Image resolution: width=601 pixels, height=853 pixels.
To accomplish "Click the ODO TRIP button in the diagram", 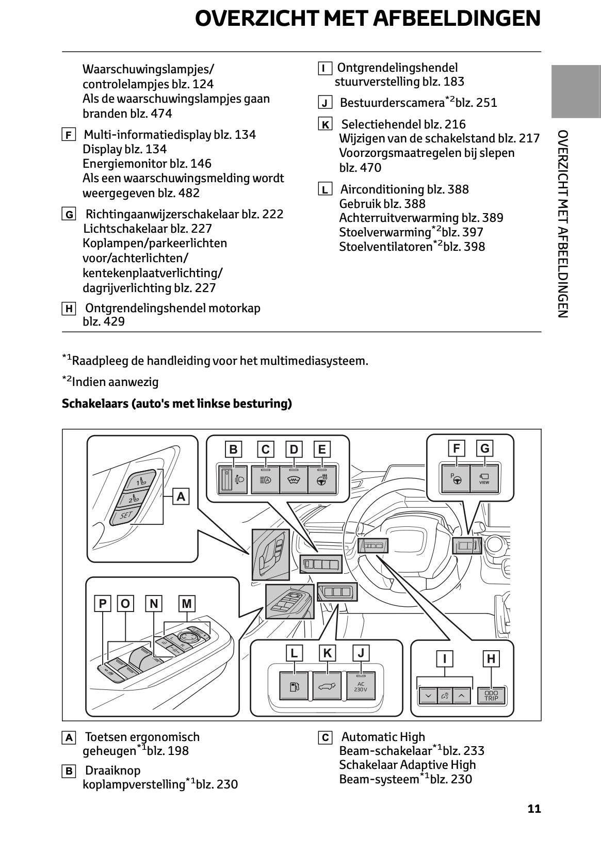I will (x=491, y=696).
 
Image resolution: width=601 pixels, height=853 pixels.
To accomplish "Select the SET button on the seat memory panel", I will (x=126, y=515).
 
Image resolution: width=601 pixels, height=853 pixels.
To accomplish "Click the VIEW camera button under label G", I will (x=484, y=478).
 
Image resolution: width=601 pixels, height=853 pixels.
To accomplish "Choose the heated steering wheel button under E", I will (x=322, y=479).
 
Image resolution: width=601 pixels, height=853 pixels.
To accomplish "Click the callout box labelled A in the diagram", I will (x=181, y=496).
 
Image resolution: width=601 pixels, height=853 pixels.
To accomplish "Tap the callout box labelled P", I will (x=103, y=603).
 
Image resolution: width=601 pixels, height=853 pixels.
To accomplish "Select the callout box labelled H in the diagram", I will (x=491, y=658).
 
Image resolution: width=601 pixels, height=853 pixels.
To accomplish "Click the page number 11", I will (x=534, y=809).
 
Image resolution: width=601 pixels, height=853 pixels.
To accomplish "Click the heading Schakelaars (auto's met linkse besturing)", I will (x=177, y=404).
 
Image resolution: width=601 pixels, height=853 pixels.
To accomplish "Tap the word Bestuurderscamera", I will (x=392, y=103).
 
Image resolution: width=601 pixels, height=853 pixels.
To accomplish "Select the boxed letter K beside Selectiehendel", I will (x=325, y=124).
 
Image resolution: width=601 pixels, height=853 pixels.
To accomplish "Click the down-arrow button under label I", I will (x=428, y=696).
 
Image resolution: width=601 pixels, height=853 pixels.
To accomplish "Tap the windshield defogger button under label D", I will (x=294, y=479).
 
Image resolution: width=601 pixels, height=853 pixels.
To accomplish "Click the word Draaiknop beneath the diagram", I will (x=112, y=770).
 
